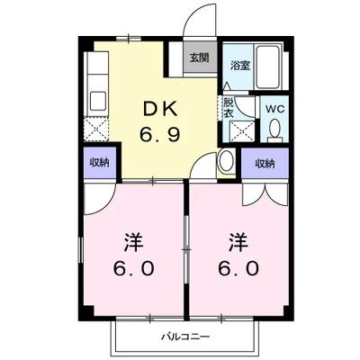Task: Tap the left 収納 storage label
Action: pyautogui.click(x=100, y=163)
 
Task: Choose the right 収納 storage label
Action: pyautogui.click(x=264, y=164)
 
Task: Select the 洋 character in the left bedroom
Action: pyautogui.click(x=131, y=243)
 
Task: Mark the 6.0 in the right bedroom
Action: pyautogui.click(x=238, y=268)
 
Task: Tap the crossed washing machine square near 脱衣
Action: pyautogui.click(x=238, y=130)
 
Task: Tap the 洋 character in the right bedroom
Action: pyautogui.click(x=238, y=243)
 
